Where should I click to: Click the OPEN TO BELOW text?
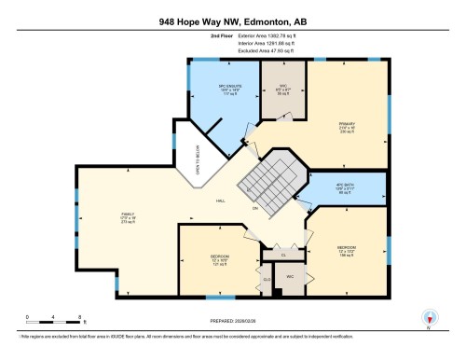pyautogui.click(x=197, y=161)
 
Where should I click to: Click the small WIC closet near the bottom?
pyautogui.click(x=290, y=276)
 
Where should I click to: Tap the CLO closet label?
pyautogui.click(x=266, y=278)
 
